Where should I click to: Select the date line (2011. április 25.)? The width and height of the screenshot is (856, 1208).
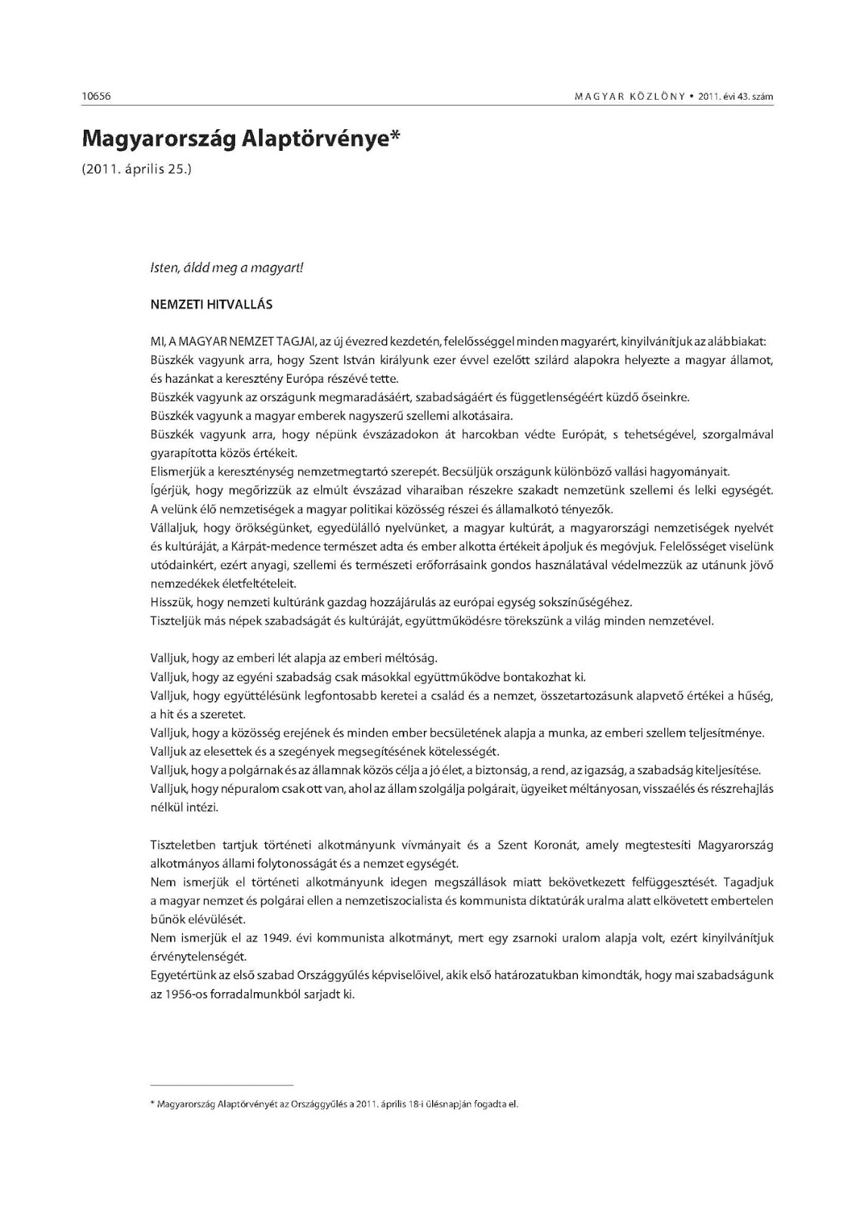tap(137, 169)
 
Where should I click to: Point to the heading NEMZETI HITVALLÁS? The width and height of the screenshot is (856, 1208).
tap(212, 305)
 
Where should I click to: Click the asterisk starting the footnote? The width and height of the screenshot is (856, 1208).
tap(153, 1104)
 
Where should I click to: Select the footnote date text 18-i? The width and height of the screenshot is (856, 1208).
tap(431, 1105)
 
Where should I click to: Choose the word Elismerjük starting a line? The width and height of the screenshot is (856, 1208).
tap(177, 472)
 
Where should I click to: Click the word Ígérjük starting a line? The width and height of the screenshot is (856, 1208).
tap(169, 491)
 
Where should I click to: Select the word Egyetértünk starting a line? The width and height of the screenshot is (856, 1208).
tap(182, 975)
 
